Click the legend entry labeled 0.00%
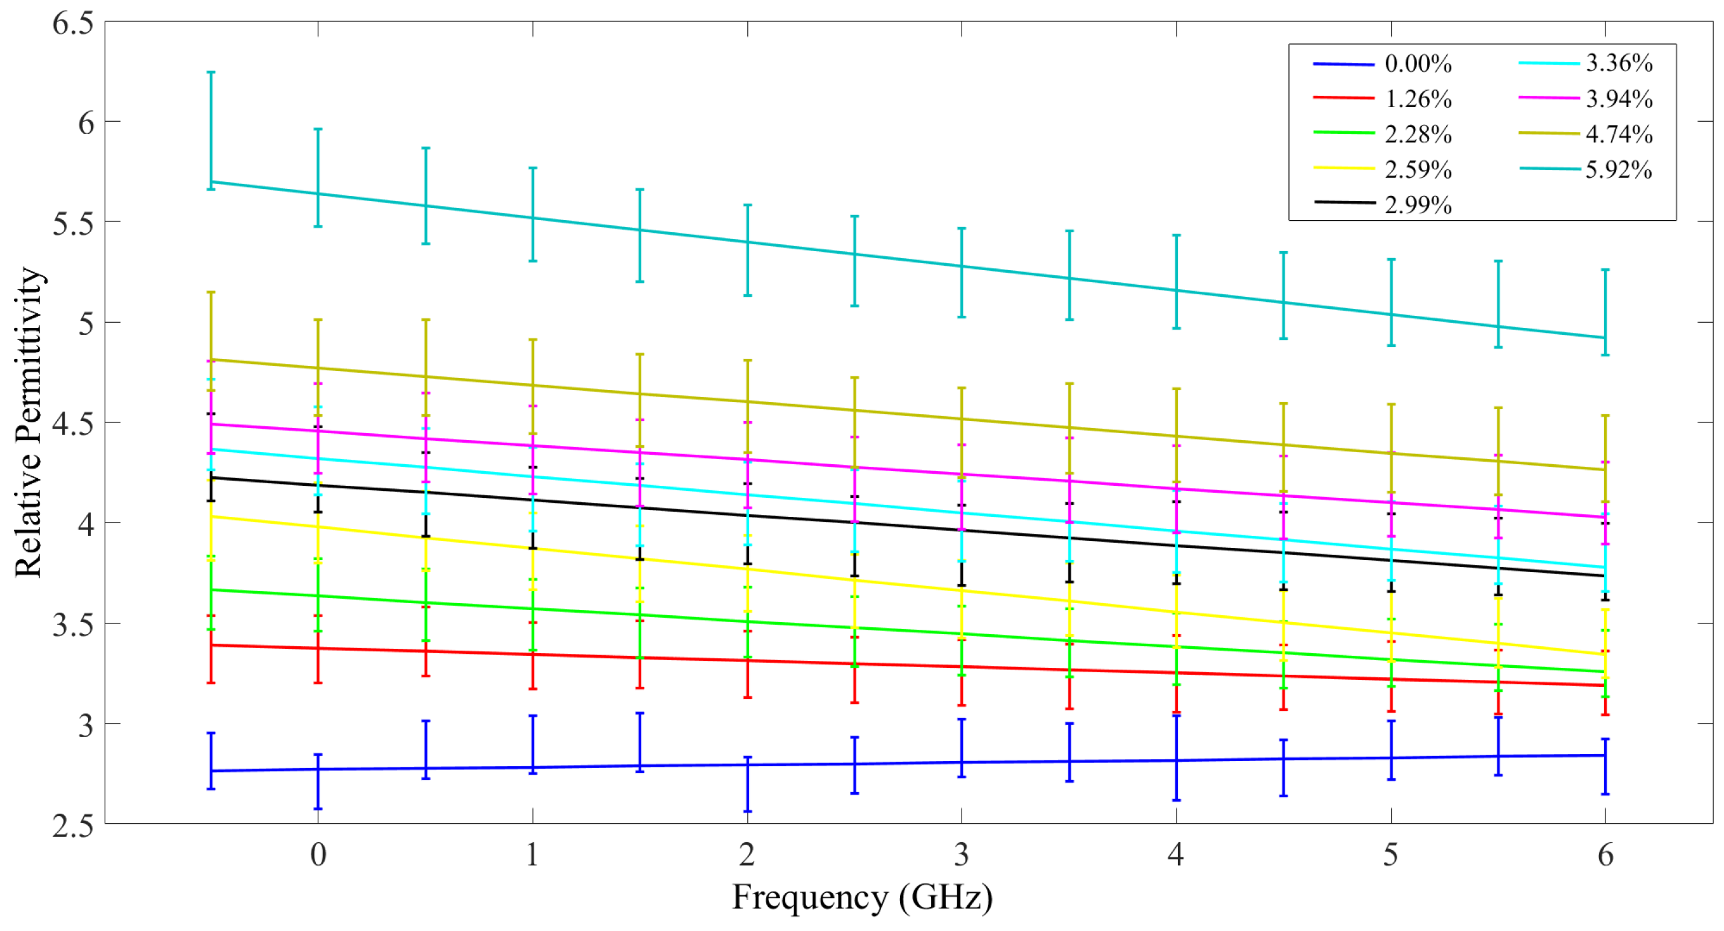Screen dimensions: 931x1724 coord(1418,64)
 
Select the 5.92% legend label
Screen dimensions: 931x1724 coord(1618,169)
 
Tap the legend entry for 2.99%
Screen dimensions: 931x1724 coord(1418,204)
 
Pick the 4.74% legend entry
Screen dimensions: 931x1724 coord(1618,134)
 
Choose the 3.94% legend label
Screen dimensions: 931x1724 coord(1618,99)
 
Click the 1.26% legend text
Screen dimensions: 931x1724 coord(1418,99)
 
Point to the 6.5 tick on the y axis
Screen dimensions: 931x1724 coord(73,23)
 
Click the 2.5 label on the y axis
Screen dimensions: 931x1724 coord(73,825)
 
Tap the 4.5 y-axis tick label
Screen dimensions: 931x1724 coord(73,424)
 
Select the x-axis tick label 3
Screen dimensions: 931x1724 coord(962,855)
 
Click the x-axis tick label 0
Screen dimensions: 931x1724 coord(318,855)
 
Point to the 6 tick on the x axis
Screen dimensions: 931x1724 coord(1605,855)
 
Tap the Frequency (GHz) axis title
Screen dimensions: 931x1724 coord(862,897)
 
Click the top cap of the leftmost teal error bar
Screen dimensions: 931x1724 coord(211,72)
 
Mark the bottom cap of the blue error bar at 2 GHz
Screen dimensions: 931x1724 coord(748,811)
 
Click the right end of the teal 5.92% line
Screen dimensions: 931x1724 coord(1605,337)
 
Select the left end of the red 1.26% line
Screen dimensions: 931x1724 coord(211,645)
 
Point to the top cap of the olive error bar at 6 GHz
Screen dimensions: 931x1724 coord(1605,415)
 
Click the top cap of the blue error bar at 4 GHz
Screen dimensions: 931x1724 coord(1177,715)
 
